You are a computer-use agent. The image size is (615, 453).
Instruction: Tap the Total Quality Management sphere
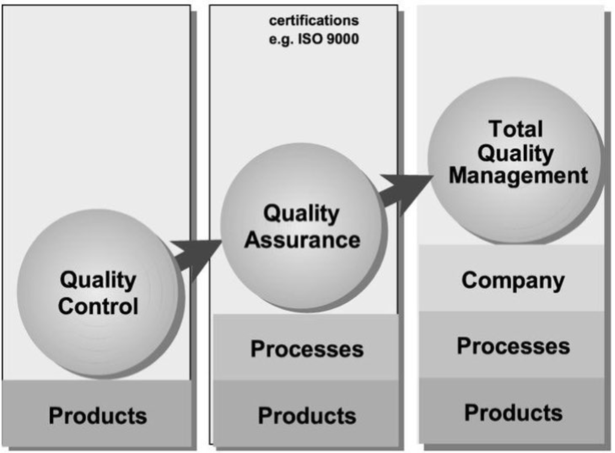pyautogui.click(x=514, y=161)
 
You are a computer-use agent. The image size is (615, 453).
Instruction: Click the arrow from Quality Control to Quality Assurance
pyautogui.click(x=196, y=256)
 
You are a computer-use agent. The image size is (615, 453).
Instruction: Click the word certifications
pyautogui.click(x=314, y=20)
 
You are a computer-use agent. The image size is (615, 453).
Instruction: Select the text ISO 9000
pyautogui.click(x=329, y=39)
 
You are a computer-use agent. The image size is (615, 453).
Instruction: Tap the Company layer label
pyautogui.click(x=513, y=281)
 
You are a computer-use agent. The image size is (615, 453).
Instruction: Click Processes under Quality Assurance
pyautogui.click(x=307, y=349)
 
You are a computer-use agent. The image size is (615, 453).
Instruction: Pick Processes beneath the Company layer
pyautogui.click(x=514, y=346)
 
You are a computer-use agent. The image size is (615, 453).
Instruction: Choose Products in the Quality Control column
pyautogui.click(x=98, y=416)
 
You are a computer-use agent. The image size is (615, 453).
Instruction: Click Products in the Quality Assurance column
pyautogui.click(x=307, y=416)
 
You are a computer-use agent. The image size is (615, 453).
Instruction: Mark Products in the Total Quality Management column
pyautogui.click(x=514, y=413)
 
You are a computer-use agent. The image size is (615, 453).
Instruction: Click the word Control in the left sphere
pyautogui.click(x=98, y=306)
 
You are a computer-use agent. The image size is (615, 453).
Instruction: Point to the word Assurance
pyautogui.click(x=302, y=240)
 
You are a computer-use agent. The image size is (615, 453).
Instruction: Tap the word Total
pyautogui.click(x=516, y=129)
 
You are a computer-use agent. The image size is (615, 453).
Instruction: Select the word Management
pyautogui.click(x=518, y=175)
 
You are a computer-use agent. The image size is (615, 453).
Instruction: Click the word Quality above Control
pyautogui.click(x=98, y=280)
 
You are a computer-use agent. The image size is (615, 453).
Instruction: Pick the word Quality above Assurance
pyautogui.click(x=301, y=214)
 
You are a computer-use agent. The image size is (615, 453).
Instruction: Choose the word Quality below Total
pyautogui.click(x=515, y=153)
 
